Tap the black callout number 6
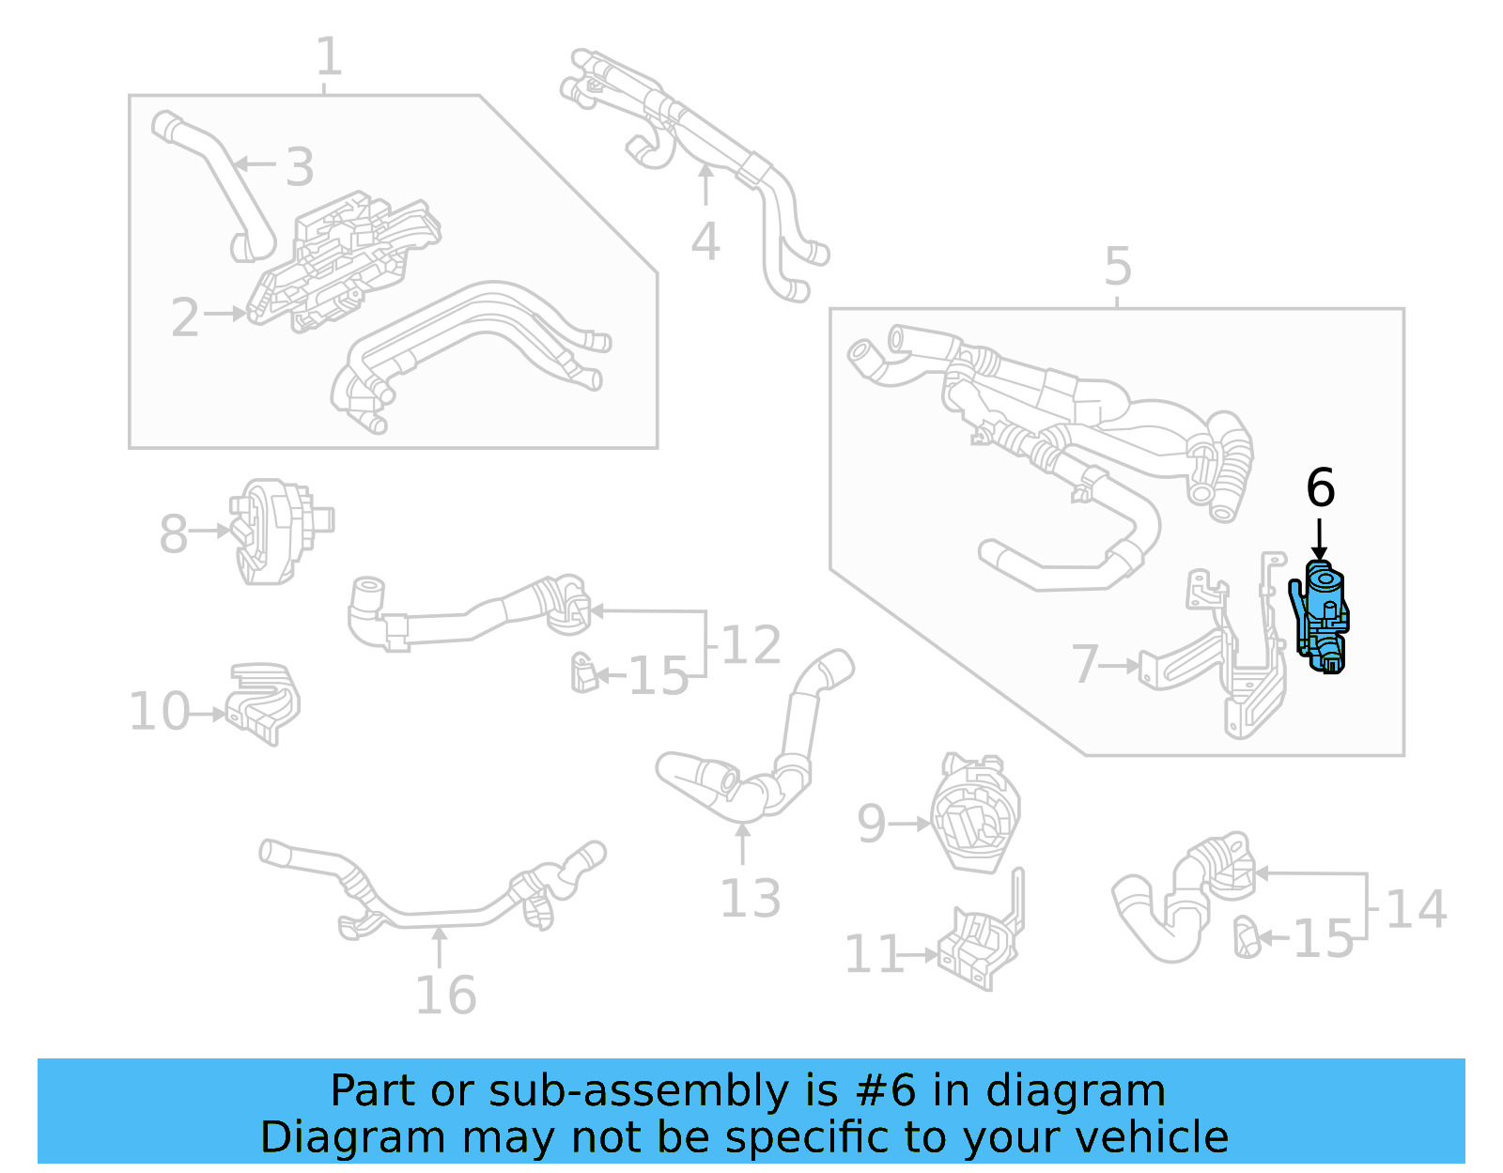1320,488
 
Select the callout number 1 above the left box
328,57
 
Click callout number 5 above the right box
1117,267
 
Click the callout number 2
185,317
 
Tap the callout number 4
705,241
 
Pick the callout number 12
751,645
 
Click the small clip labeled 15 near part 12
584,673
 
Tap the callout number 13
750,899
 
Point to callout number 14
1416,909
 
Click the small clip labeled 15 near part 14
1247,936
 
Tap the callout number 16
446,995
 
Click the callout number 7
1085,664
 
